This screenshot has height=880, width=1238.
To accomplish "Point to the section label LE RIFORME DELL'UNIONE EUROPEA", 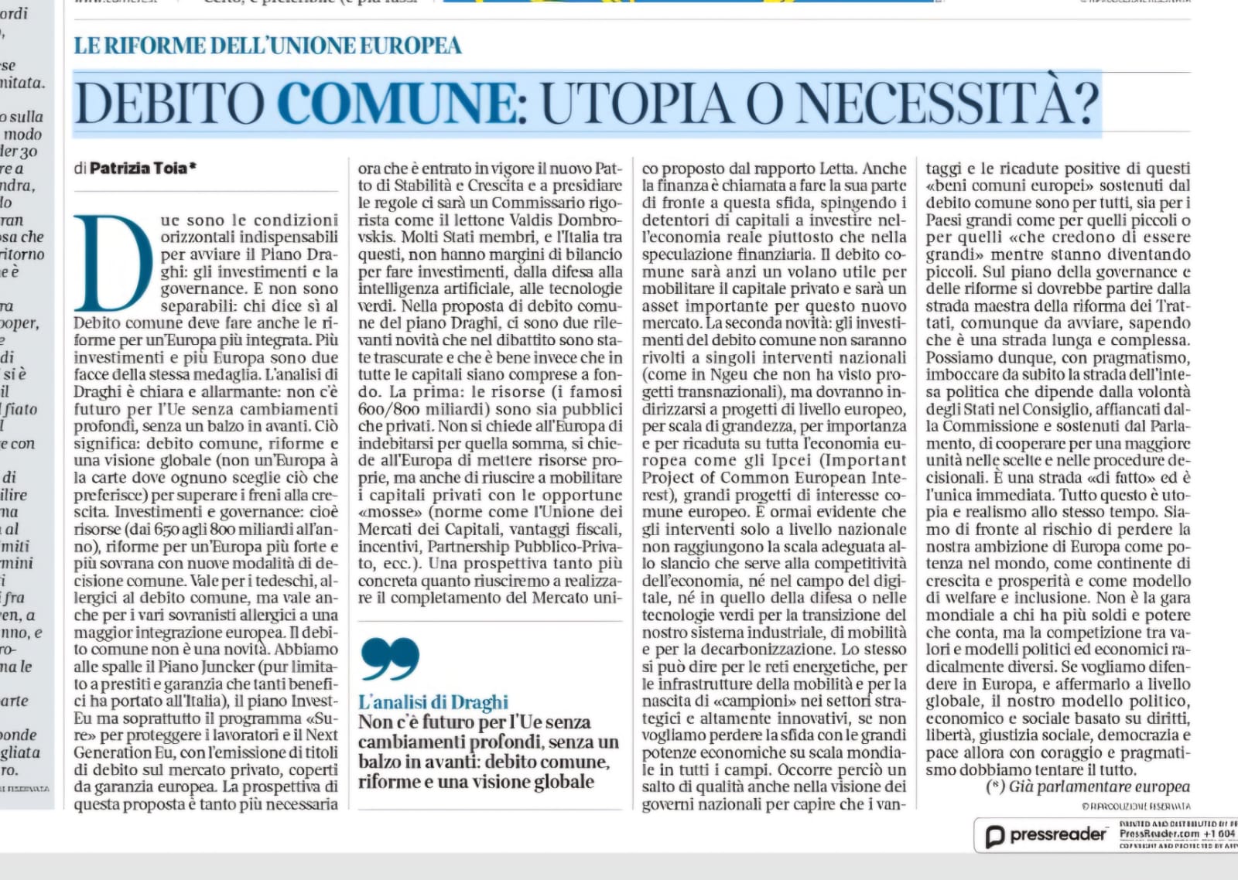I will [268, 46].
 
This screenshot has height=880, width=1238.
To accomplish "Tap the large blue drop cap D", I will [113, 263].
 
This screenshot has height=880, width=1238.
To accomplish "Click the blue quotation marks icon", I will [390, 658].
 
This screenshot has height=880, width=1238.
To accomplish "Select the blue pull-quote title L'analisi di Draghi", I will [433, 702].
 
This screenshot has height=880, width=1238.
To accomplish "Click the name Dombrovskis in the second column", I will [587, 220].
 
